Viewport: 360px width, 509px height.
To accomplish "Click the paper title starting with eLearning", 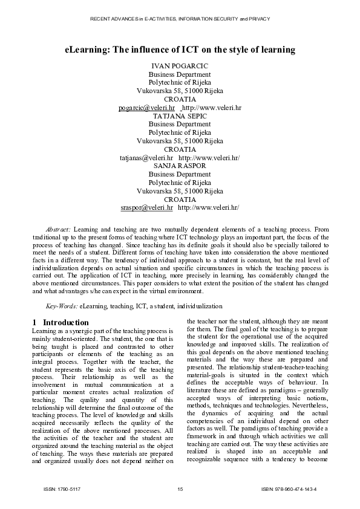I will (180, 49).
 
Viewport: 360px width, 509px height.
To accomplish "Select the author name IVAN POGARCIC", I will (180, 65).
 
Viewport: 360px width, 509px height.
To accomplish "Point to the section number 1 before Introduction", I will (35, 322).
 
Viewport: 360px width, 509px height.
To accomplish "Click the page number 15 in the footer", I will (180, 488).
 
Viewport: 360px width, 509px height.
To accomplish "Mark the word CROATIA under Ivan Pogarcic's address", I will (180, 99).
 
